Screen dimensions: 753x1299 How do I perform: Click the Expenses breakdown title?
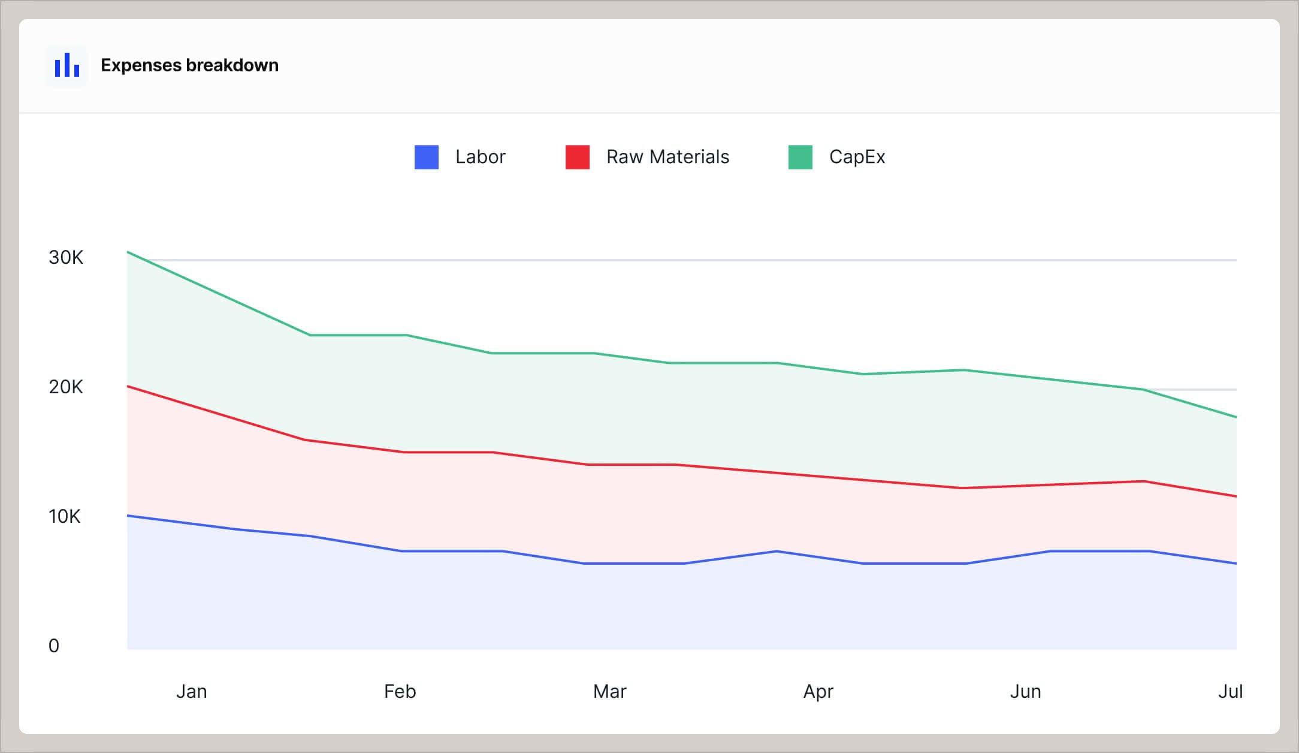tap(189, 65)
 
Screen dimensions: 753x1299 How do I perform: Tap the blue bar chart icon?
tap(67, 65)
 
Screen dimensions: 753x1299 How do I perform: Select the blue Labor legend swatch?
tap(426, 157)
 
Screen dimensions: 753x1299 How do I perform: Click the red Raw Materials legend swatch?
tap(577, 157)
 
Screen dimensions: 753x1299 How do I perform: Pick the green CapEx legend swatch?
tap(800, 157)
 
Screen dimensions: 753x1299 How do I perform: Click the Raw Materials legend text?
tap(667, 157)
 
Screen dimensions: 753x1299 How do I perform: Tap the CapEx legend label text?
tap(857, 157)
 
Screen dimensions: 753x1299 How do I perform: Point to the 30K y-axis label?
tap(66, 258)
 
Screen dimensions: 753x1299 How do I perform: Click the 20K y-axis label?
tap(66, 387)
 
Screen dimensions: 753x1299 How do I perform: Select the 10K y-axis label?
tap(65, 517)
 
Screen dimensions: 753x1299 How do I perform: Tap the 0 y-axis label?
tap(54, 646)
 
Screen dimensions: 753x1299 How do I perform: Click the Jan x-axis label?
tap(191, 692)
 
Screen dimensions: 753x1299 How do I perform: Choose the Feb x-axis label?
tap(400, 692)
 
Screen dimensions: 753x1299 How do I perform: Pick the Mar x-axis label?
tap(609, 692)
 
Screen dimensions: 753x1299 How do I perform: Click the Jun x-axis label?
tap(1025, 692)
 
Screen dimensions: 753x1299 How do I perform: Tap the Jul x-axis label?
tap(1230, 692)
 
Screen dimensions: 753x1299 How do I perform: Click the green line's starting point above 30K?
tap(128, 252)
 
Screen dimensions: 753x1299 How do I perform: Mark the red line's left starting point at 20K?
tap(128, 387)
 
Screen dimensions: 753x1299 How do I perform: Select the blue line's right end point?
tap(1235, 564)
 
